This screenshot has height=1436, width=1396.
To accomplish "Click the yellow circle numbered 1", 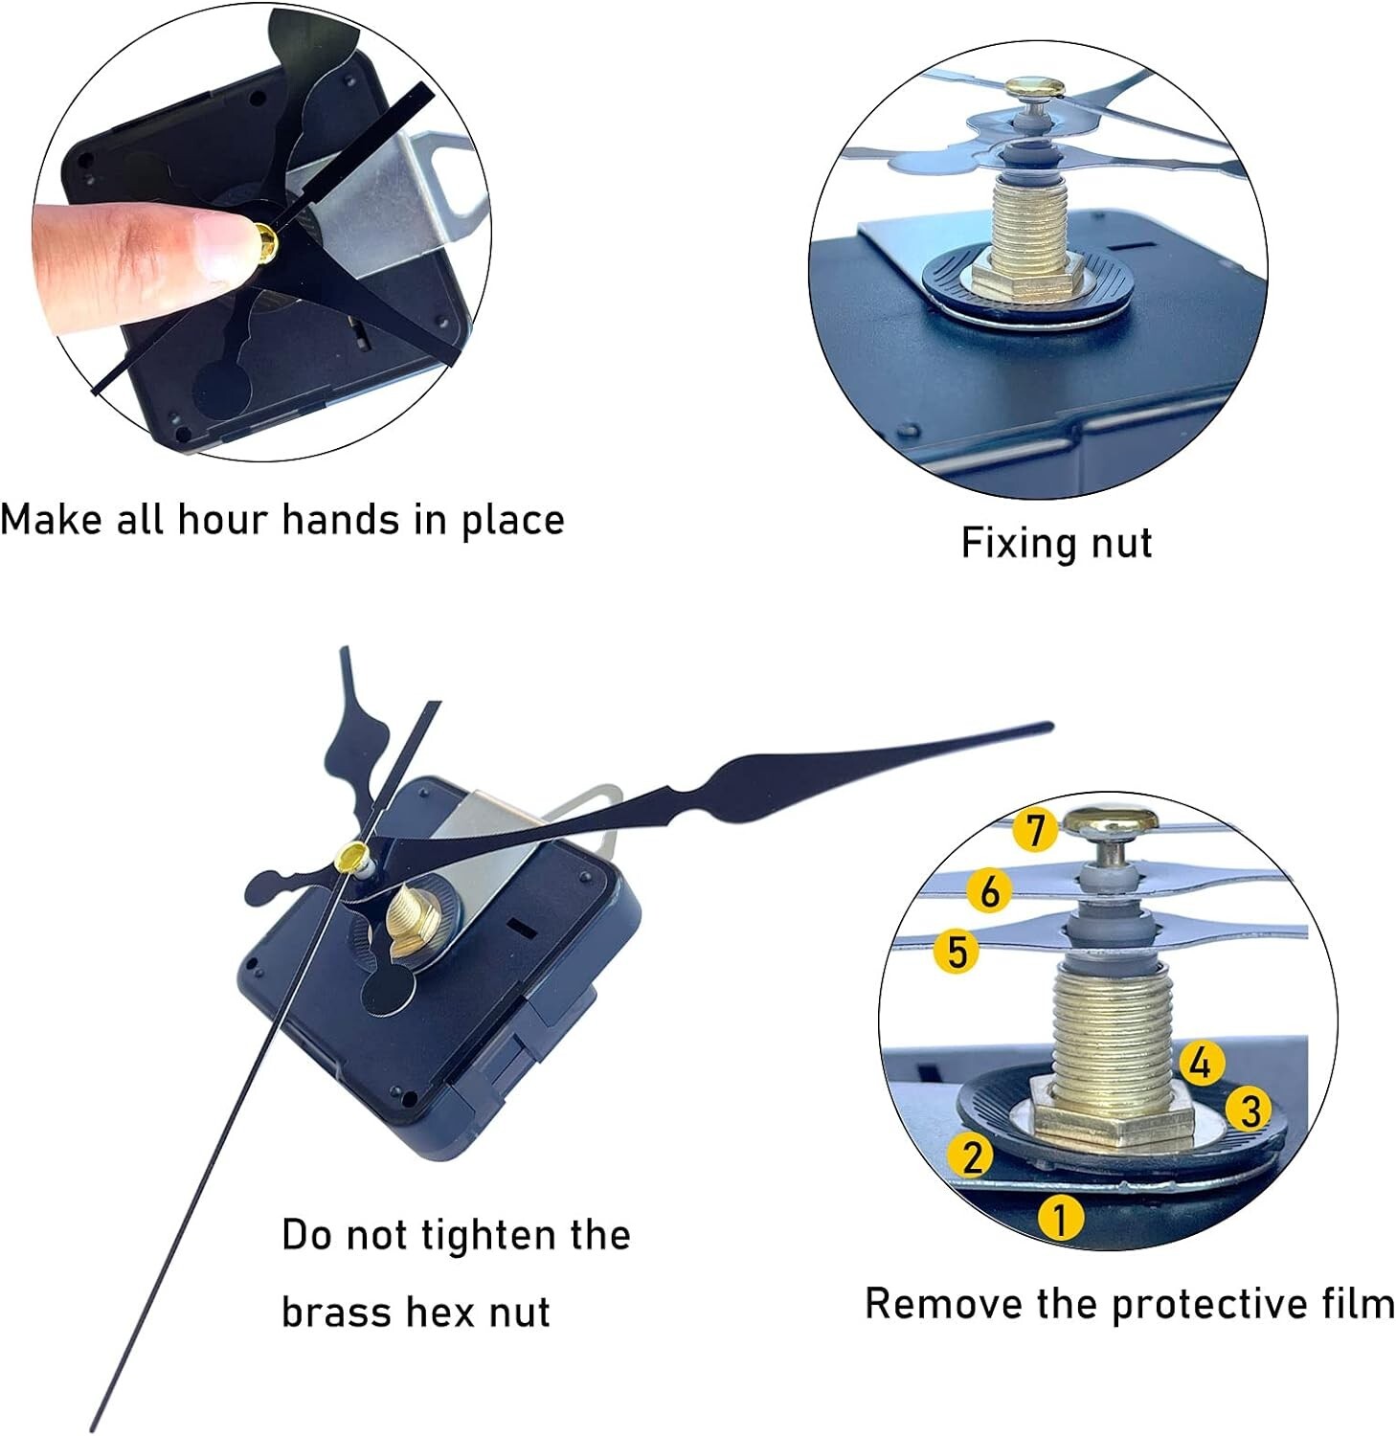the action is click(1061, 1218).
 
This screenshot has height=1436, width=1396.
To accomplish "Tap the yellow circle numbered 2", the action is click(973, 1156).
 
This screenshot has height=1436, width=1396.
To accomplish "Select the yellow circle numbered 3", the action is click(1250, 1110).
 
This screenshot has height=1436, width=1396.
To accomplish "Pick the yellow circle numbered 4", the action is click(1202, 1063).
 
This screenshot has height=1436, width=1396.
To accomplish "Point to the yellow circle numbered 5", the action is click(957, 952).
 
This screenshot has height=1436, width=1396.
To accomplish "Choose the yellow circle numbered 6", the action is click(989, 891).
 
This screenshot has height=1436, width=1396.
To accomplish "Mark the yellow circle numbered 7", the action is click(1035, 829).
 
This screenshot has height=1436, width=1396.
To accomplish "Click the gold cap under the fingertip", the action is click(266, 238).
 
